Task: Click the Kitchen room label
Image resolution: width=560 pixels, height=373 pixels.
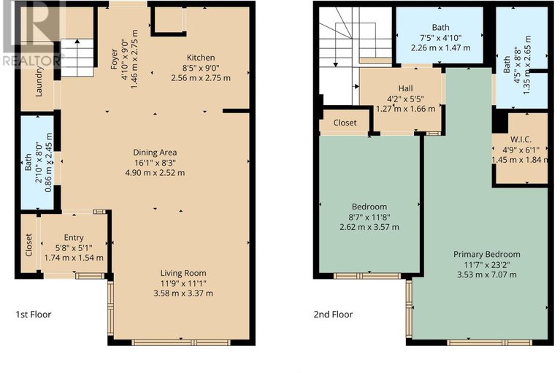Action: tap(201, 58)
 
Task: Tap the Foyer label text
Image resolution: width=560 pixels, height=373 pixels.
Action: tap(115, 59)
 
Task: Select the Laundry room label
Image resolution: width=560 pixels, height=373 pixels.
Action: tap(39, 81)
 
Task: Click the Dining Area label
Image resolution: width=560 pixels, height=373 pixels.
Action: tap(155, 153)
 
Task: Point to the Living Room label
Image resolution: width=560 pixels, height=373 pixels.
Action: tap(183, 274)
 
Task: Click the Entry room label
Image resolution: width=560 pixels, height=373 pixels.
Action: tap(74, 238)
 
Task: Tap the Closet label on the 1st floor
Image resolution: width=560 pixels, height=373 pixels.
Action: tap(29, 245)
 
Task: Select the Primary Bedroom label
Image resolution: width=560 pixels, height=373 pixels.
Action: tap(486, 255)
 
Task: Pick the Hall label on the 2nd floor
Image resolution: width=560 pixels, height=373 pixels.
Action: tap(405, 88)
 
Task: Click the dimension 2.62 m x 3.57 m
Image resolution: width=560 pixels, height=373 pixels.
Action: tap(369, 227)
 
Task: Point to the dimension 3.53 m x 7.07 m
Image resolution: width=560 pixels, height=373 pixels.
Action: tap(486, 275)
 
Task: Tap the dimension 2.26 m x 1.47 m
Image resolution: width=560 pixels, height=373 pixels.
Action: tap(440, 47)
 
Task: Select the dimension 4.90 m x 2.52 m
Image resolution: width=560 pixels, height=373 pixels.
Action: tap(155, 173)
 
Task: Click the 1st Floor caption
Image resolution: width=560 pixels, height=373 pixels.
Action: tap(33, 315)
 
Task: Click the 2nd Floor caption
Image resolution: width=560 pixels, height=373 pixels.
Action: tap(333, 315)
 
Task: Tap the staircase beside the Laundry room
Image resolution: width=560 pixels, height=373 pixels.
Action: tap(77, 58)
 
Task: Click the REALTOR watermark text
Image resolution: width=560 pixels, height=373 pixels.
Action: tap(31, 61)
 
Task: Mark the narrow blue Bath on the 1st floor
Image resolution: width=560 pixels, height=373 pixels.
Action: tap(37, 162)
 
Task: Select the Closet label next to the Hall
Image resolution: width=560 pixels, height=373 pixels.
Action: tap(345, 123)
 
